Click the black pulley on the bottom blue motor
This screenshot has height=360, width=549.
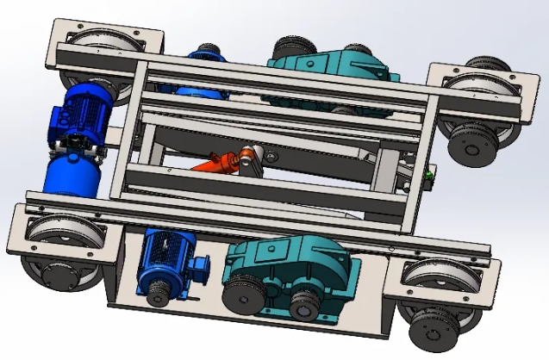coord(159,295)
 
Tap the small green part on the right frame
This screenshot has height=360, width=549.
coord(428,177)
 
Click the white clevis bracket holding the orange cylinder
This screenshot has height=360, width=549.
coord(251,159)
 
